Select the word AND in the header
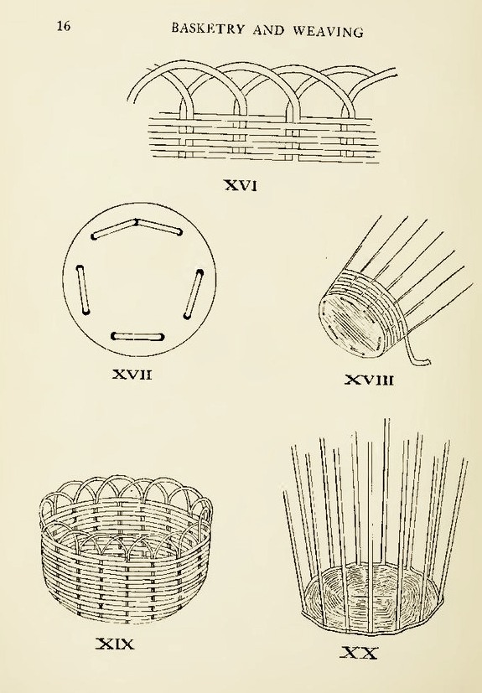tap(271, 30)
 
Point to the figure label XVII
tap(132, 374)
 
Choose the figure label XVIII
tap(370, 382)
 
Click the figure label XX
tap(358, 650)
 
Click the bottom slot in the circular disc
tap(137, 337)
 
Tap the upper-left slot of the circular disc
tap(115, 230)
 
